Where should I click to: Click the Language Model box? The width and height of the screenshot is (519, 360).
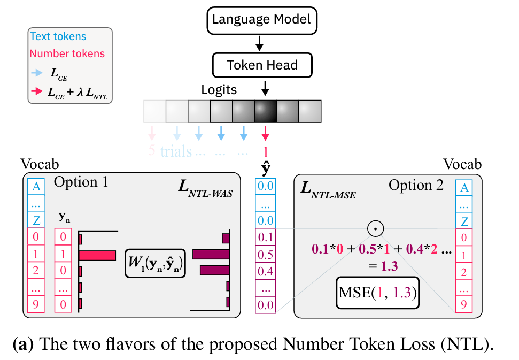coord(261,20)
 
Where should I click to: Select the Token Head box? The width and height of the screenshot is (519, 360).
coord(261,65)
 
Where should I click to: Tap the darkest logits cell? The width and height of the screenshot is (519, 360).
coord(266,111)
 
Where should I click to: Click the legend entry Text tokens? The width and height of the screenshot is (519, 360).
coord(58,37)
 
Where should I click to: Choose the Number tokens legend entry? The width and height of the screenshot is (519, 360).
coord(67,53)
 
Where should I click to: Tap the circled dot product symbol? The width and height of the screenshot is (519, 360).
coord(376,229)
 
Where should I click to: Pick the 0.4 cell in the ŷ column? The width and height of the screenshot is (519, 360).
coord(266,271)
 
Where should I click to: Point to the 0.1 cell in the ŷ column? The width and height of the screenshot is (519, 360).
coord(266,236)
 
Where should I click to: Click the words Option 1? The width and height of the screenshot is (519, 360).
coord(81,182)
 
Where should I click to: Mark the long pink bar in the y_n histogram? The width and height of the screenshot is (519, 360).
coord(98,255)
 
